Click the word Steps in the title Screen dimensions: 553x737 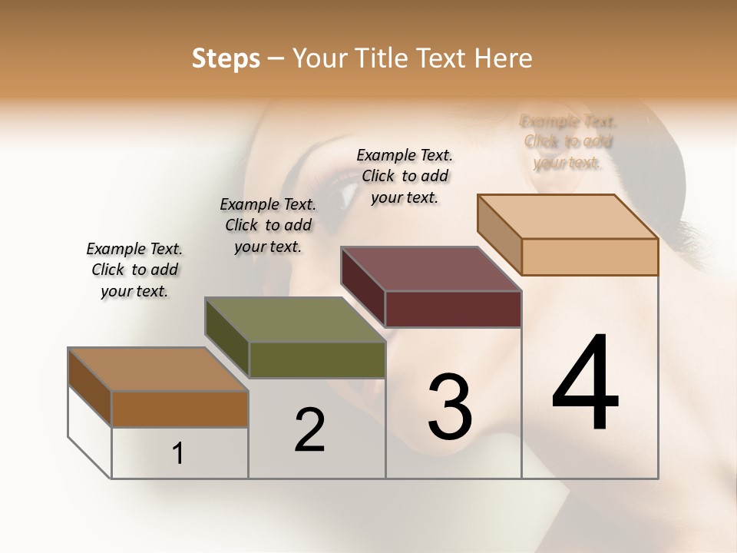coord(226,58)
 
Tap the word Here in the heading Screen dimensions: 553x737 coord(504,58)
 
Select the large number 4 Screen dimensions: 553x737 coord(585,384)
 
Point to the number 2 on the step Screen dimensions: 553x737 coord(309,430)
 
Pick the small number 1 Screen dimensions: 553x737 coord(178,454)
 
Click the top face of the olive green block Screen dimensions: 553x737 coord(294,320)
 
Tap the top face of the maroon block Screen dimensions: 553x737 coord(430,269)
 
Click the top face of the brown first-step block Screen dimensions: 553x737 coord(157,369)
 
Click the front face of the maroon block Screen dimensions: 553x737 coord(453,309)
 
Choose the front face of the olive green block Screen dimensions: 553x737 coord(317,359)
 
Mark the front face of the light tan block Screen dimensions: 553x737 coord(590,257)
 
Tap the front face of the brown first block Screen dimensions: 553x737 coord(180,409)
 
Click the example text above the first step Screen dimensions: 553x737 coord(134,270)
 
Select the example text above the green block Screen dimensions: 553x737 coord(268,225)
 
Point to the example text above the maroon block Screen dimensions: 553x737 coord(405,176)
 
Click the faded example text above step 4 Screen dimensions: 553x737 coord(568,141)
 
